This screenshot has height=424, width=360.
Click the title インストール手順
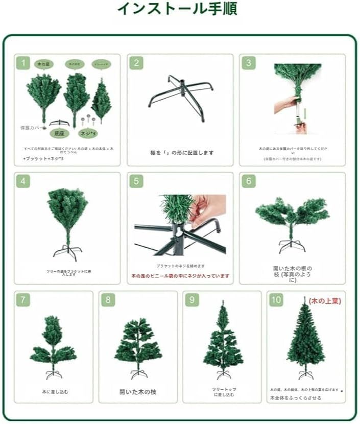pos(177,9)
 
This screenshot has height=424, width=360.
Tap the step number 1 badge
pos(23,63)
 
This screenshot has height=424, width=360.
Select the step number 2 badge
pos(136,63)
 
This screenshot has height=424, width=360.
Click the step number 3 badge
pos(249,63)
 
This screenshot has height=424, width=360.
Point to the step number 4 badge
pos(23,182)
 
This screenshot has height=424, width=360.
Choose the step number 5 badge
pos(136,182)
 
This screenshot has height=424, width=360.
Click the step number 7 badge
pos(23,300)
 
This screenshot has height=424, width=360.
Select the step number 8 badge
pos(108,300)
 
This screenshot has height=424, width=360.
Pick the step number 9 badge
pos(192,300)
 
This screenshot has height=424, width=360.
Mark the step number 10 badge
pos(276,300)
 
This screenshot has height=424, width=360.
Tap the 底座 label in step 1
pos(60,133)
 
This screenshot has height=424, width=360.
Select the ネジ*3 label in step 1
pos(87,133)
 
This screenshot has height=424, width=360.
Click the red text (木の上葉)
pos(325,301)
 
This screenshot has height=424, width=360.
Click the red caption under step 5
pos(180,276)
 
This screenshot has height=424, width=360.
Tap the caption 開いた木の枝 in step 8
pos(138,392)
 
